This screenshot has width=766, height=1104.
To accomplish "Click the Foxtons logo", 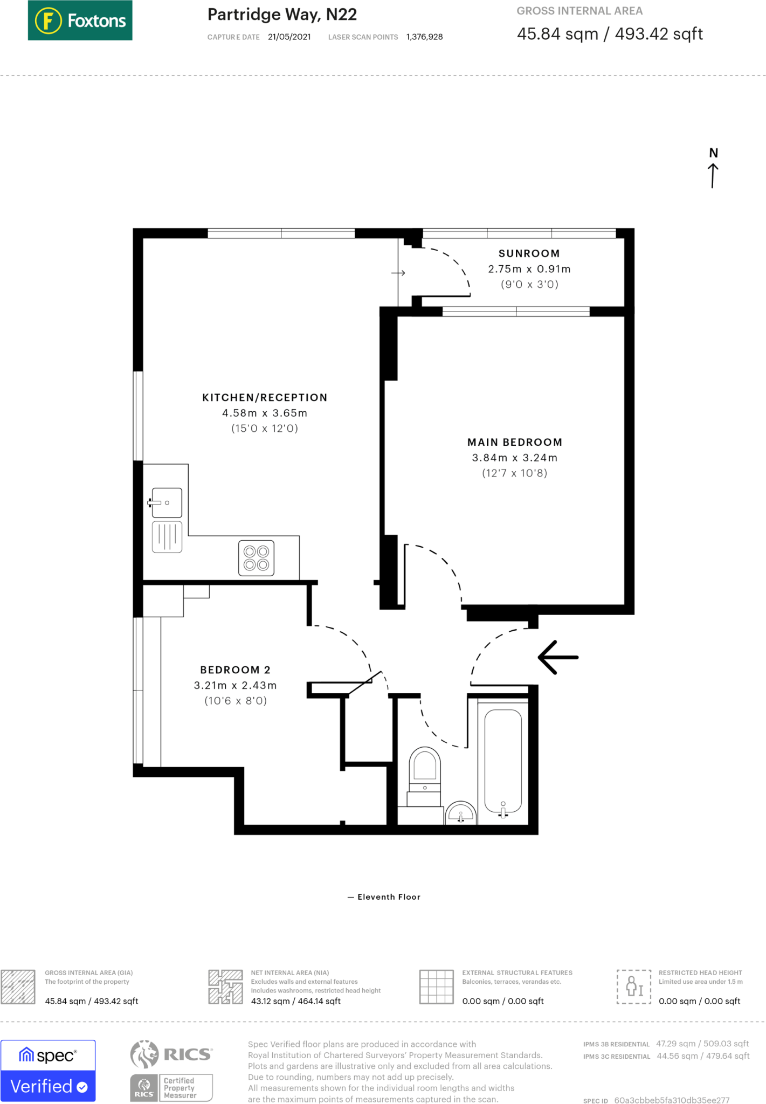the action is tap(80, 20).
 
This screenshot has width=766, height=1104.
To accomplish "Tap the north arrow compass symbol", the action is tap(713, 168).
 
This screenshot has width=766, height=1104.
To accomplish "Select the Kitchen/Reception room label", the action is tap(265, 397).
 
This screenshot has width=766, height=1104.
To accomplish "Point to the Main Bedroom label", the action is tap(515, 442).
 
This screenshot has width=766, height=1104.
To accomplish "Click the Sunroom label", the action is tap(529, 253).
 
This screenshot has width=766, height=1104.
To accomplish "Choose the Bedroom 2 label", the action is tap(236, 670).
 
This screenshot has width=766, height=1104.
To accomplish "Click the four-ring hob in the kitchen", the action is tap(257, 558).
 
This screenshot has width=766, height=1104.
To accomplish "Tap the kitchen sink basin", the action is tap(167, 503).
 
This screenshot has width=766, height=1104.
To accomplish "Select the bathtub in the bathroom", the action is tap(503, 761).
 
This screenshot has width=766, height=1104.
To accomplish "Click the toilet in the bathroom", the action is tap(425, 776).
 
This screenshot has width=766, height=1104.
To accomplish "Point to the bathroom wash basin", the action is tap(461, 813).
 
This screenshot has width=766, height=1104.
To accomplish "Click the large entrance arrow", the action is tap(558, 657).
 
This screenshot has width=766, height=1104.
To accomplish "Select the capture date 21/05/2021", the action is tap(289, 37).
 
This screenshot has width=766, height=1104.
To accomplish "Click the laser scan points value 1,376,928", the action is tap(425, 37).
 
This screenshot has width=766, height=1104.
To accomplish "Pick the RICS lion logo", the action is tap(144, 1054).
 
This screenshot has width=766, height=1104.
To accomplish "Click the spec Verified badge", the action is tap(48, 1071).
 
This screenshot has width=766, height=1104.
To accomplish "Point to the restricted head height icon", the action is tap(634, 986).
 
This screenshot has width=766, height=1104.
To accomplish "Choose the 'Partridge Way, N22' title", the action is tap(282, 15).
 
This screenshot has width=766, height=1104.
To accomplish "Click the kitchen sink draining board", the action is tap(167, 537).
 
